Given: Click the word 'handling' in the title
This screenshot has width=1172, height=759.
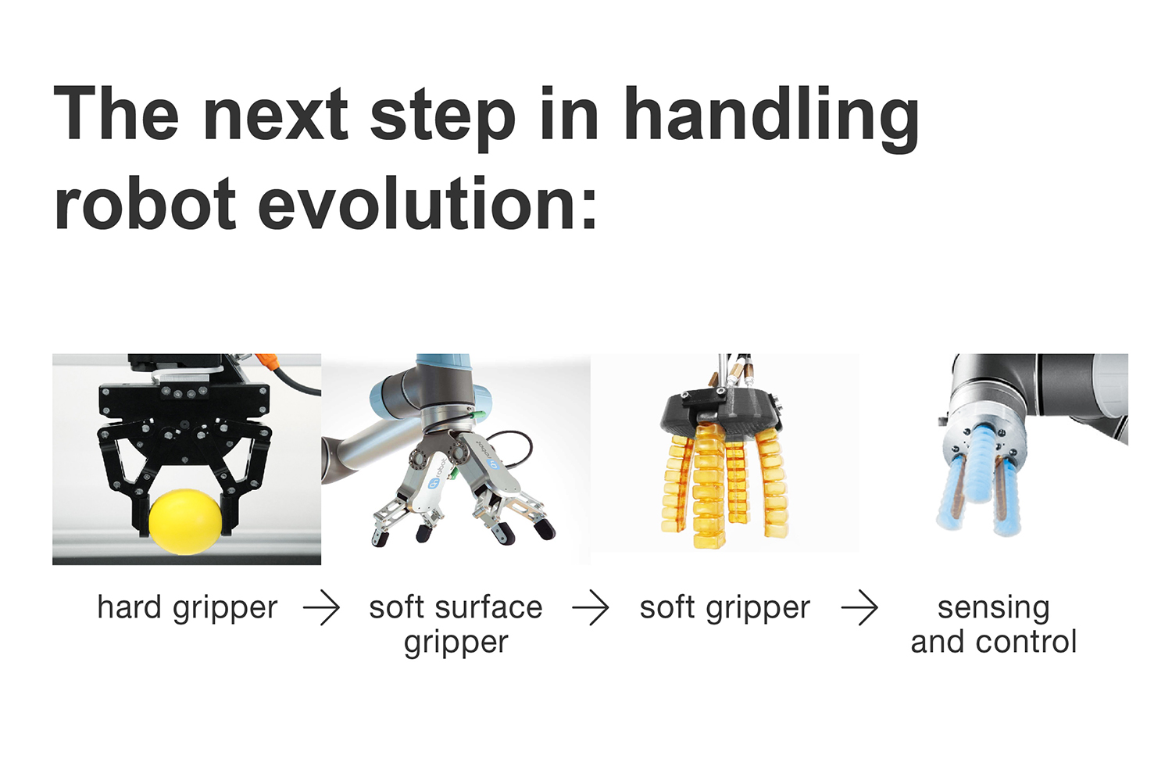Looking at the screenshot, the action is (x=772, y=118).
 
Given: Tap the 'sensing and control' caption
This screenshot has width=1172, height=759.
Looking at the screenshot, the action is (x=994, y=625).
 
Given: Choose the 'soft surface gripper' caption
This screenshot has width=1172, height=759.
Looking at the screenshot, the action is (x=456, y=625).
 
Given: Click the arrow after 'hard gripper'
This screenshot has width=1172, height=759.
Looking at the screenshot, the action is (x=322, y=607).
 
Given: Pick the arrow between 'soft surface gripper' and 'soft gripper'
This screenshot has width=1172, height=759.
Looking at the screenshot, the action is (x=591, y=607).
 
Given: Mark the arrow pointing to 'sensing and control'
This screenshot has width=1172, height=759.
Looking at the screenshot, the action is (x=859, y=607).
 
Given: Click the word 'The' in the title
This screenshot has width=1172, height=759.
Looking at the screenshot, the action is (x=116, y=114).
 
